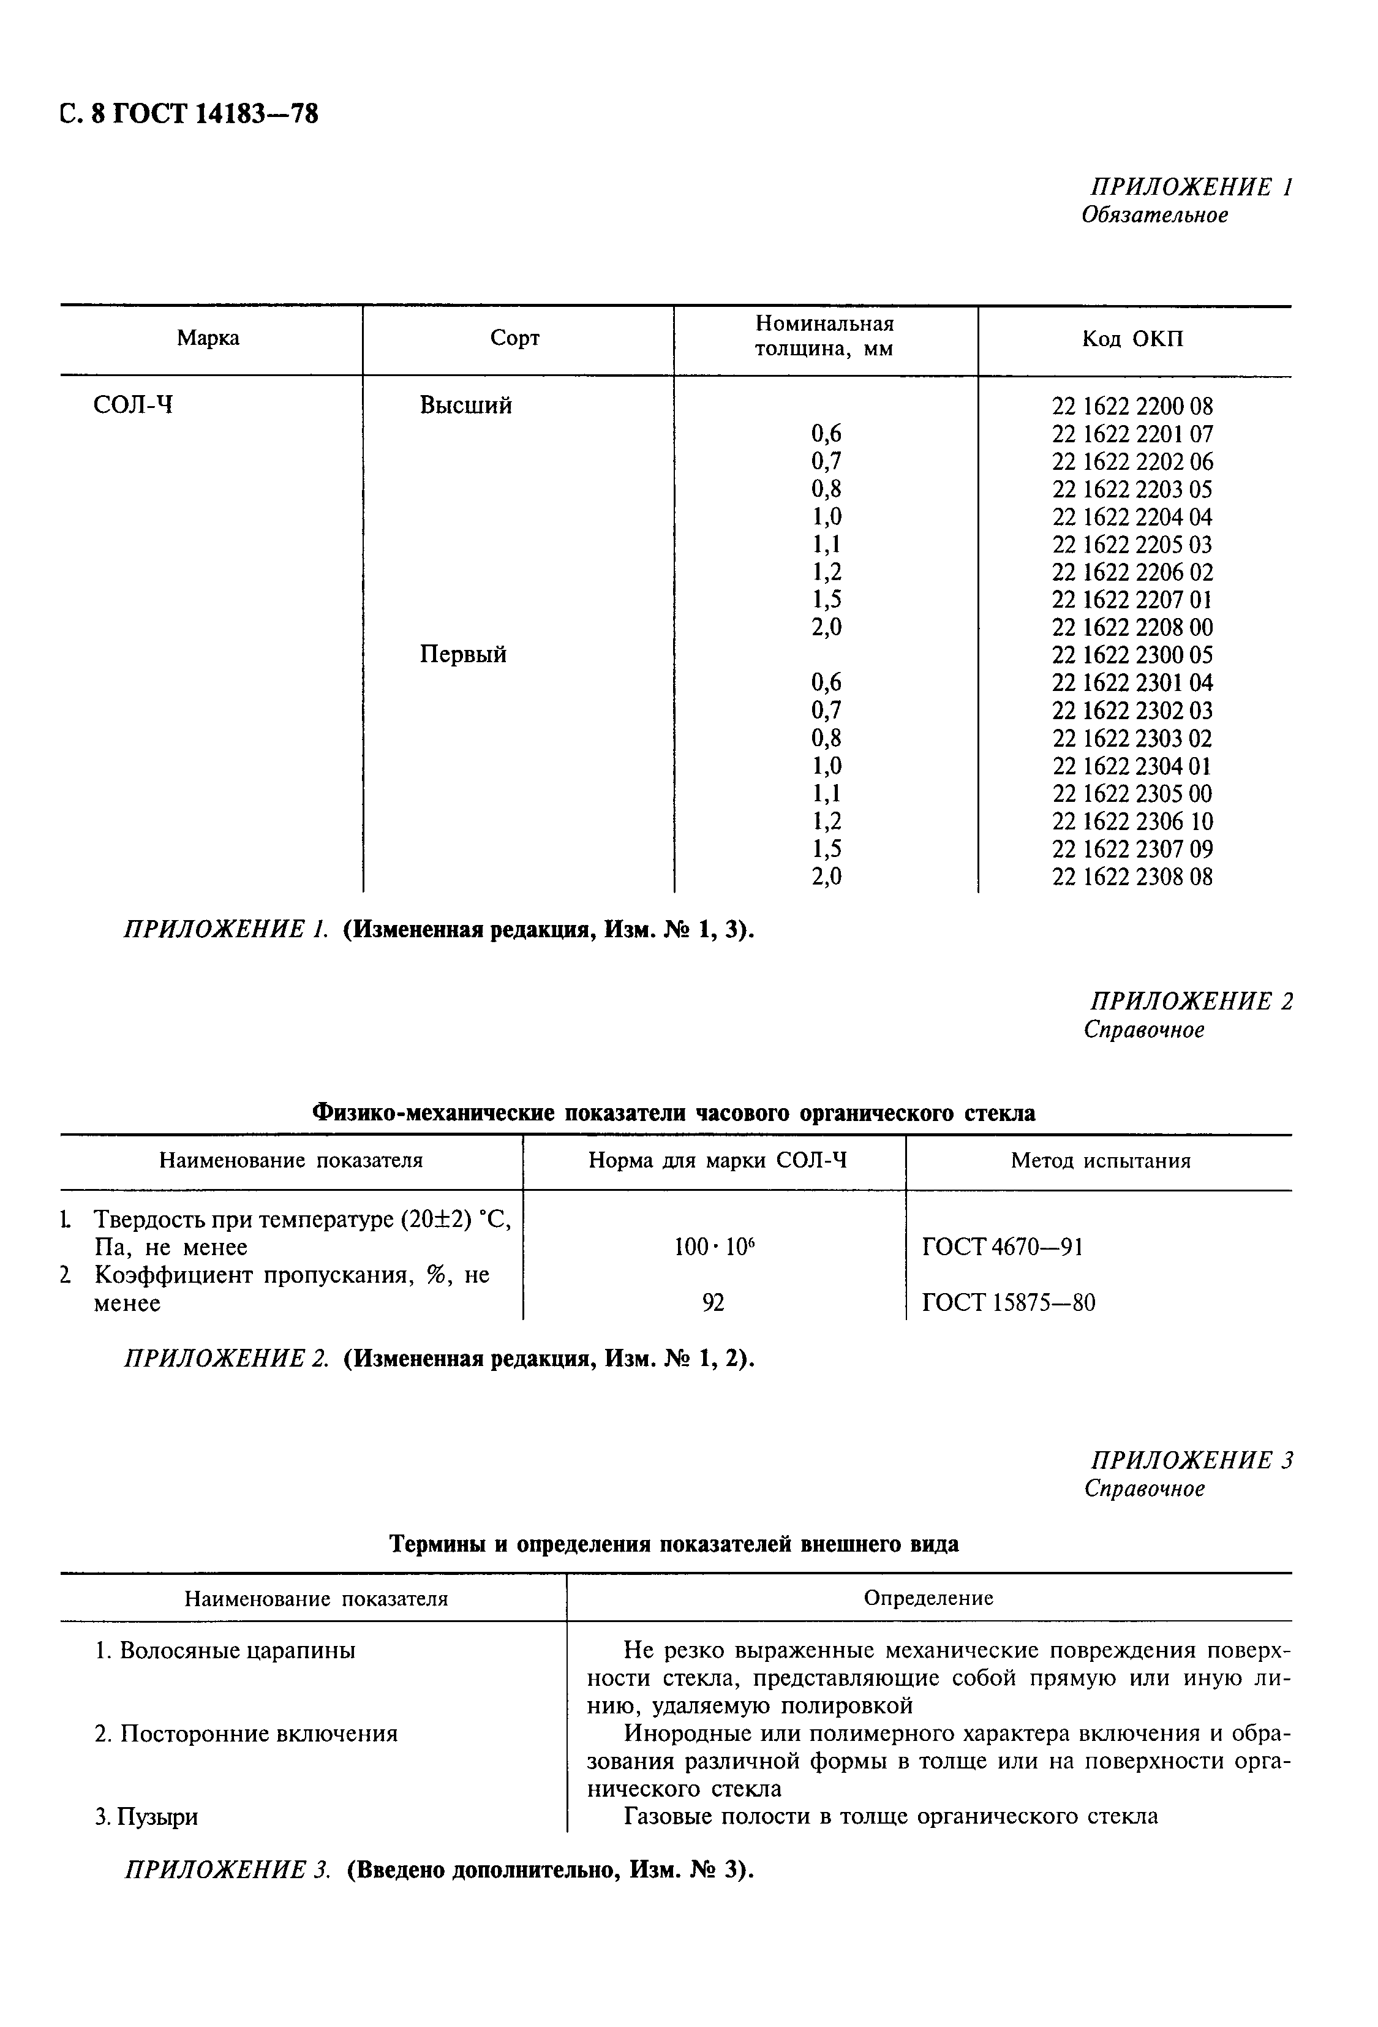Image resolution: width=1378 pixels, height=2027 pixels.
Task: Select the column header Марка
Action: (x=208, y=338)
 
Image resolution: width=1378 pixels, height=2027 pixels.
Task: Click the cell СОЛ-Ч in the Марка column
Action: (x=132, y=405)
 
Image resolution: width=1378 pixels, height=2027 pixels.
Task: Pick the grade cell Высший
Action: (x=465, y=405)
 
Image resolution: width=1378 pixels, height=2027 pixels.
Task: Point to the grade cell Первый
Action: (x=463, y=654)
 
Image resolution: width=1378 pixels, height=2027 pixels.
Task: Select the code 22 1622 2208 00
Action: (x=1132, y=628)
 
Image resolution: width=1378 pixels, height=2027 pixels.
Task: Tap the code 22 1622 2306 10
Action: (x=1132, y=821)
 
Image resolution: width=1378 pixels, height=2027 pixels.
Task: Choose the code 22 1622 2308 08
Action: (x=1132, y=877)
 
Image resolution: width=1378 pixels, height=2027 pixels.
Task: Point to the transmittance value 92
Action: (x=713, y=1303)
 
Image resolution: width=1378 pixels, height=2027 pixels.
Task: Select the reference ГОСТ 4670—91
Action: (x=1002, y=1247)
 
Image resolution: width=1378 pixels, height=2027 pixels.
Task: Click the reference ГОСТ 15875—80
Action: (x=1008, y=1303)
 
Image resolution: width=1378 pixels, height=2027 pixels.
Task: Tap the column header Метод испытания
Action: (x=1101, y=1161)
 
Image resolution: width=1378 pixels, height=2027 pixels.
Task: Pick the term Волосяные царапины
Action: (x=225, y=1651)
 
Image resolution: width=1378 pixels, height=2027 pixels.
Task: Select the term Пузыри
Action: (x=146, y=1817)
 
